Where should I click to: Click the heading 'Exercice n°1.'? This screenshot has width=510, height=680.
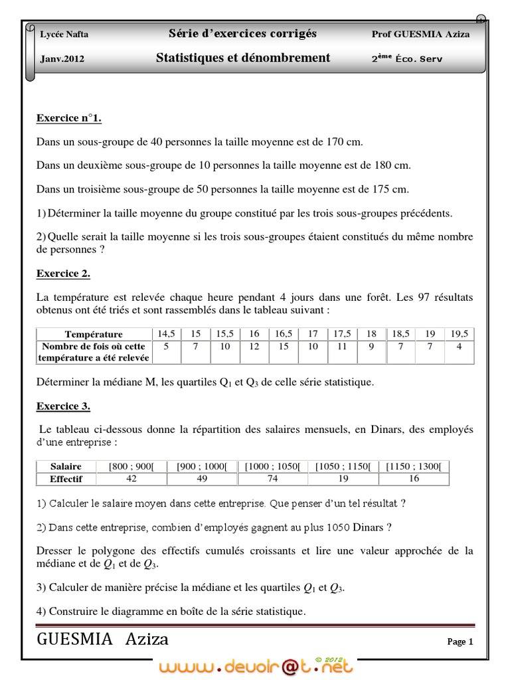68,118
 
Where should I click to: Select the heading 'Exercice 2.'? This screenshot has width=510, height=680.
63,274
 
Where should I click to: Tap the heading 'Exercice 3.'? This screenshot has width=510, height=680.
63,406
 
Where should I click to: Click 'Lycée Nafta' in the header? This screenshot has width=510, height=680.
64,35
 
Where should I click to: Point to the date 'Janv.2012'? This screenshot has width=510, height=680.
62,58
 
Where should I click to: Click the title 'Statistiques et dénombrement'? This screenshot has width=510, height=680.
242,58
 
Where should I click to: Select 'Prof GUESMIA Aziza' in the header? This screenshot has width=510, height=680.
420,35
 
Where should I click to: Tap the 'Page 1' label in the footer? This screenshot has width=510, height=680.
460,641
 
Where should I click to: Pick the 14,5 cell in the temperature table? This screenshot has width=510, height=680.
166,333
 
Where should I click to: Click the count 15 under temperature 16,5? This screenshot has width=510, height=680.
284,346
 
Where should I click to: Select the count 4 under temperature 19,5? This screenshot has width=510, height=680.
459,346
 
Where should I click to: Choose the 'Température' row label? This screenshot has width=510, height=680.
94,334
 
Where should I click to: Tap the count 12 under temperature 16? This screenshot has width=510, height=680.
254,346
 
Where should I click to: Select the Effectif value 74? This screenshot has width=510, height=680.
272,478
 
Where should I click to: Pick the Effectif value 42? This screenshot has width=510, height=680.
131,478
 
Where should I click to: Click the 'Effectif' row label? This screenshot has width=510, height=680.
66,478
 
